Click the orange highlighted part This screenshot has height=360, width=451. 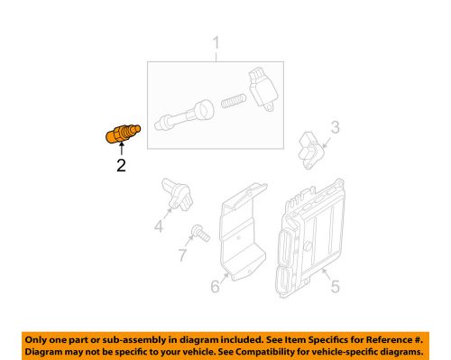point(123,134)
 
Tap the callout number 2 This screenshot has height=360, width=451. point(121,165)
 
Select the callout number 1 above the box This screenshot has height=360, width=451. point(216,43)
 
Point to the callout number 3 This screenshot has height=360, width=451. point(336,127)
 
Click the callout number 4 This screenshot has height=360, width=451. point(159,226)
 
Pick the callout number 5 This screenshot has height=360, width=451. point(335,286)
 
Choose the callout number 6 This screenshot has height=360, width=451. point(215,286)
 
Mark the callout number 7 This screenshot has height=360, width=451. point(183,255)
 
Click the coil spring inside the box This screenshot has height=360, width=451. point(234,101)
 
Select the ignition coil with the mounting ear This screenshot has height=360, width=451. point(262,89)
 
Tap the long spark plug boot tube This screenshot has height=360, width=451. point(184,115)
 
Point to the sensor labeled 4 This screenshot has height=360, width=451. point(177,194)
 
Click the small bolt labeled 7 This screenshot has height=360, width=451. point(201,233)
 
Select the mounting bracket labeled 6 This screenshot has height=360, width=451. point(243,232)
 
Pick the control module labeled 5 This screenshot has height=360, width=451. point(309,238)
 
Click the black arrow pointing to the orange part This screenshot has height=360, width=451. point(122,149)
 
